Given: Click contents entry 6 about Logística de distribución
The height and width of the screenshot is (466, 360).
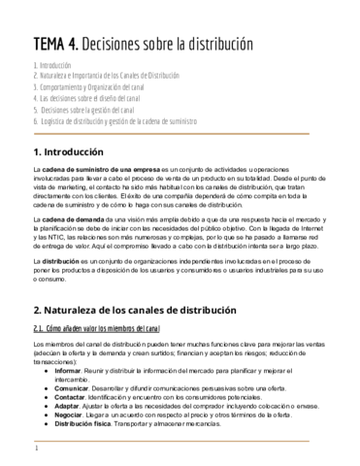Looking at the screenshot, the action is tap(115, 122).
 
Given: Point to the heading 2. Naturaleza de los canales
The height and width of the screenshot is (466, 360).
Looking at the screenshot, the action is tap(134, 310).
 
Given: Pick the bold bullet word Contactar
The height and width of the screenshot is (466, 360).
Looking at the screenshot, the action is tap(70, 397).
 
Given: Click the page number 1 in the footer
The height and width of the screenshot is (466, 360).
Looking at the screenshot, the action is tap(36, 449).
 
